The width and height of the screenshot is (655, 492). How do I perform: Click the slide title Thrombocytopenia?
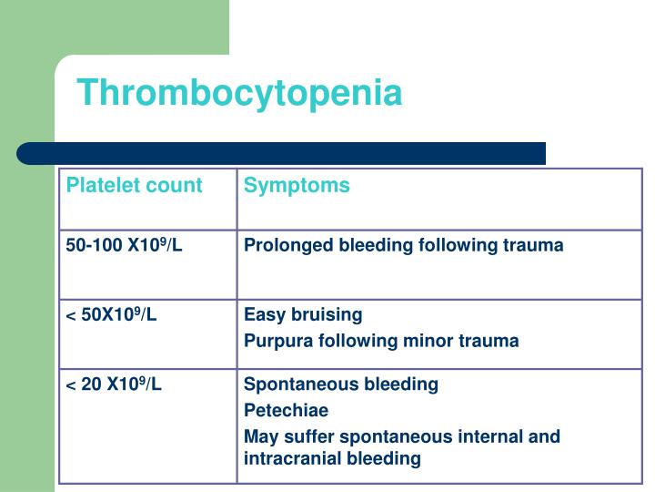point(239,93)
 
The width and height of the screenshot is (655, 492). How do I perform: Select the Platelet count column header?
point(134,186)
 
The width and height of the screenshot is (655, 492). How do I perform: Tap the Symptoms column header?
point(297,186)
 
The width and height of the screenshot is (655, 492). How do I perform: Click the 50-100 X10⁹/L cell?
point(125,245)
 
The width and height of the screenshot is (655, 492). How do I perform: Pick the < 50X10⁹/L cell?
point(111,314)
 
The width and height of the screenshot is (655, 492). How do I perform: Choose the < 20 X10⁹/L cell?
point(114,384)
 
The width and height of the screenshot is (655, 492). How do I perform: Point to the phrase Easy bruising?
point(303,314)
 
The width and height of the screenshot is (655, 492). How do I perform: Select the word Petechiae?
point(286,410)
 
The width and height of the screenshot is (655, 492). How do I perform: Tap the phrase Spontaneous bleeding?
point(341,384)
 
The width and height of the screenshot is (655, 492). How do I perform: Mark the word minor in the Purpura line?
point(433,341)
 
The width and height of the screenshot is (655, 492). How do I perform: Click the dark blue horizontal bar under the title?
point(282,153)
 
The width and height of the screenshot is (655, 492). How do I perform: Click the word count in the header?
point(177,186)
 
